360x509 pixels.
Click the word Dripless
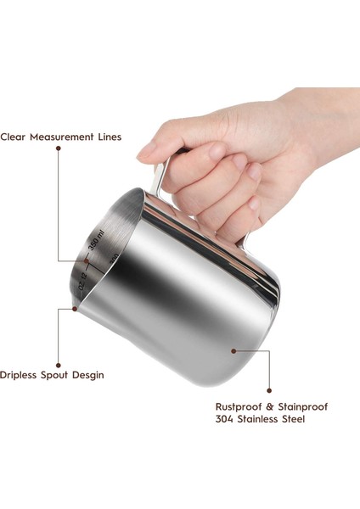pyautogui.click(x=20, y=375)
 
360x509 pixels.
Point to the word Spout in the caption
pyautogui.click(x=59, y=375)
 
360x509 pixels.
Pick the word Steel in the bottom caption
pyautogui.click(x=291, y=419)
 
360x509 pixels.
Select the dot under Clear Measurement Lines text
pyautogui.click(x=59, y=149)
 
